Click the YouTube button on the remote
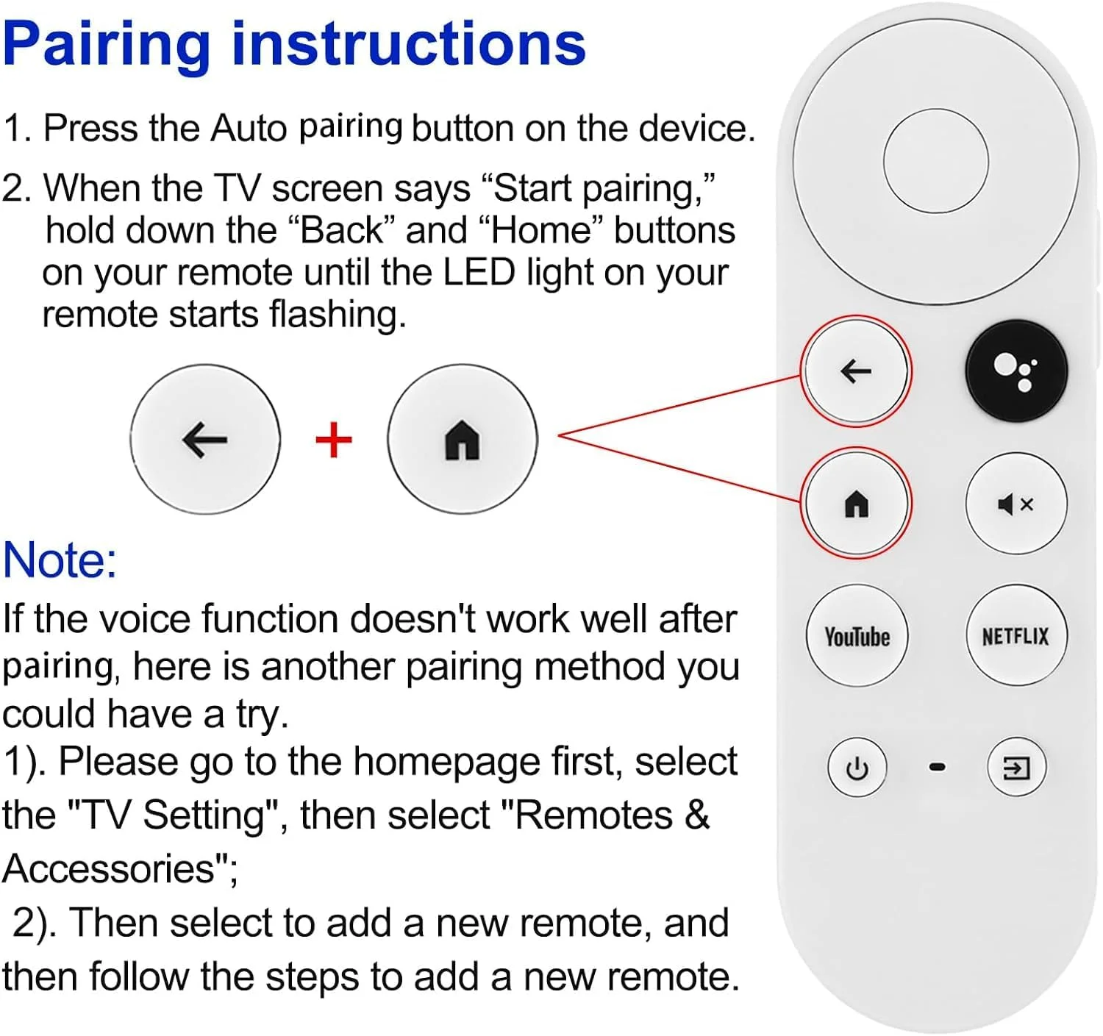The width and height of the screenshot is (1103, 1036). point(857,636)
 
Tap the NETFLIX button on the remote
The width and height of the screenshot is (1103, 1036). point(1015,636)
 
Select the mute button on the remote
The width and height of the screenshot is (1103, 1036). point(1015,504)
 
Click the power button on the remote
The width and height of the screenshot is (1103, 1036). point(857,768)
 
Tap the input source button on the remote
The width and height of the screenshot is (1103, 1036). point(1015,768)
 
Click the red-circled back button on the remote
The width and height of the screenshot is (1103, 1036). point(856,371)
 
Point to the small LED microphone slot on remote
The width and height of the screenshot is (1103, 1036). point(937,767)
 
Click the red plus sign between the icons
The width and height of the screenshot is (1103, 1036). point(334,440)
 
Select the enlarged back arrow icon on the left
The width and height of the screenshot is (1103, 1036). point(205,440)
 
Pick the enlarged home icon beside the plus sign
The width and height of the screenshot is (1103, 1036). point(463,440)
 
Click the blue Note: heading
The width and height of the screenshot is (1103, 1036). point(60,560)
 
